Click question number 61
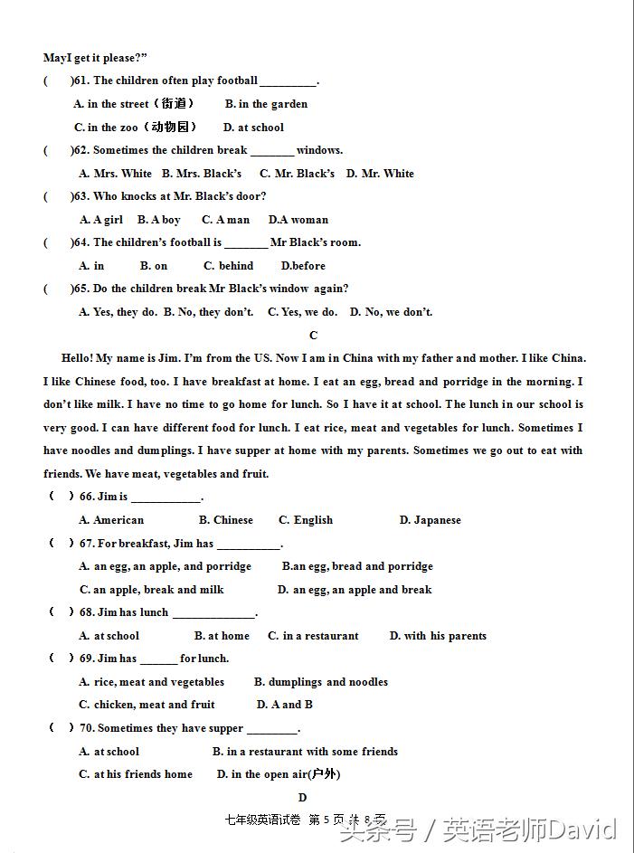(x=81, y=81)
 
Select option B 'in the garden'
(x=266, y=104)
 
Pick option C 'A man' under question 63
(x=225, y=220)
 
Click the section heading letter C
(x=314, y=336)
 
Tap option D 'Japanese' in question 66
(x=430, y=520)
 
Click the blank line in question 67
(x=248, y=545)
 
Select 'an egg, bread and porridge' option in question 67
(x=357, y=566)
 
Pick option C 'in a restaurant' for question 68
(x=313, y=636)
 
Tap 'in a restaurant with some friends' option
(x=305, y=752)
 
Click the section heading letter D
(x=302, y=798)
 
